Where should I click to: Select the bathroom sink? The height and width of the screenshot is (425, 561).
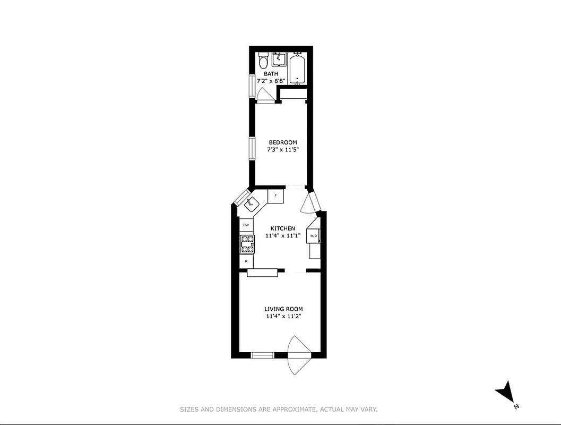(x=279, y=59)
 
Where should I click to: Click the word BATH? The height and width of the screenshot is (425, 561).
(x=271, y=74)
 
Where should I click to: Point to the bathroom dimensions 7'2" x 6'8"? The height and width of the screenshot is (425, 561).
(x=271, y=81)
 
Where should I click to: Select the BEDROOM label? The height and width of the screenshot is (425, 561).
(x=282, y=142)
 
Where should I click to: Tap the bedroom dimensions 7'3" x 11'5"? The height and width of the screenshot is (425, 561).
(x=282, y=150)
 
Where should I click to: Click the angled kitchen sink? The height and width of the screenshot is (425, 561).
(x=251, y=202)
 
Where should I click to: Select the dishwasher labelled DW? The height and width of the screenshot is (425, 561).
(x=246, y=225)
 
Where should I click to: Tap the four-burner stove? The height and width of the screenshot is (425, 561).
(x=247, y=244)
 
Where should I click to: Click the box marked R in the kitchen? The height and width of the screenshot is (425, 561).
(x=246, y=261)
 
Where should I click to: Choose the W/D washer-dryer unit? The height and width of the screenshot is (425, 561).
(x=314, y=235)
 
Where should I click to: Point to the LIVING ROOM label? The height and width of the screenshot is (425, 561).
(x=283, y=309)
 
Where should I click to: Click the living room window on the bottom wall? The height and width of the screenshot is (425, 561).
(x=262, y=355)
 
